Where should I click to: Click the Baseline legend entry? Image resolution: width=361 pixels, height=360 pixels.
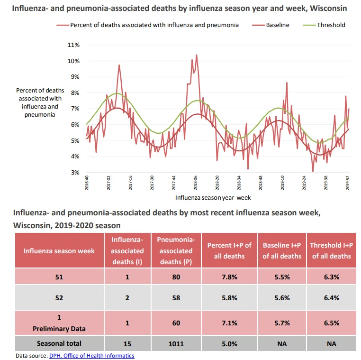(271, 25)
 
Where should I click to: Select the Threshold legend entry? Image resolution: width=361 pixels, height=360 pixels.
(324, 25)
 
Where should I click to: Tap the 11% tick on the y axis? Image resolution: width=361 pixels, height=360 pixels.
(73, 45)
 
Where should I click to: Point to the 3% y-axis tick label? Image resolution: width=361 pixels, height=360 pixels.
(75, 172)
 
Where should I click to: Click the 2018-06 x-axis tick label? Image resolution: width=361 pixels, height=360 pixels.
(196, 183)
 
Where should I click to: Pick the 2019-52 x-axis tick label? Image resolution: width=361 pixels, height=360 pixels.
(348, 183)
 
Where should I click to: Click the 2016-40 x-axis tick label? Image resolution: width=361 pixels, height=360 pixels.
(87, 183)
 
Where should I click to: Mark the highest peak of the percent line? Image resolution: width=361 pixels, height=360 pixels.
(197, 55)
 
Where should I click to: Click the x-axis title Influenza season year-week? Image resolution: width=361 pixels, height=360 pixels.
(213, 197)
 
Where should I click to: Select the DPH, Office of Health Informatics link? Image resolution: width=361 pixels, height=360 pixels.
(91, 356)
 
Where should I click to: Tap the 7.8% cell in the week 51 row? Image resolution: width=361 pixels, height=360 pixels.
(229, 277)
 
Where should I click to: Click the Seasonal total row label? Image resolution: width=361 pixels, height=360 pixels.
(59, 343)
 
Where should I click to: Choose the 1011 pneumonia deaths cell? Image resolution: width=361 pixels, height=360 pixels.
(176, 344)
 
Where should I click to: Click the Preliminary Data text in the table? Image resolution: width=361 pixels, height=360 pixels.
(59, 329)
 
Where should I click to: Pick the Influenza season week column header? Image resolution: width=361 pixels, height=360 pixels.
(59, 251)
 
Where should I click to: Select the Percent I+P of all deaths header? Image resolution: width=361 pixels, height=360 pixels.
(229, 251)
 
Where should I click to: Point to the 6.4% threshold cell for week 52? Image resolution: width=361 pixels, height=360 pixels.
(332, 298)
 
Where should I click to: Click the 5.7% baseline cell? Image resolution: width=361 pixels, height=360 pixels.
(282, 323)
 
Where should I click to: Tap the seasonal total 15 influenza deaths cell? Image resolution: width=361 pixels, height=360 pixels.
(127, 344)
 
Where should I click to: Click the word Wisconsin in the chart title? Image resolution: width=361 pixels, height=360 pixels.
(328, 8)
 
